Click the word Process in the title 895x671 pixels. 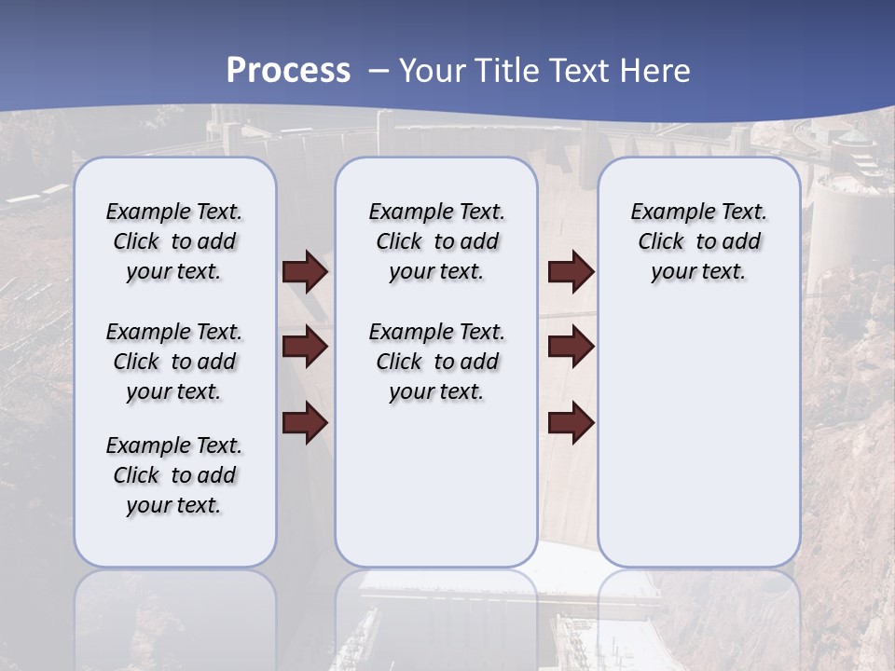(288, 70)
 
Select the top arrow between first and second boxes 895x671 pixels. (305, 271)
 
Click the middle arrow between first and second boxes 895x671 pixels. (305, 347)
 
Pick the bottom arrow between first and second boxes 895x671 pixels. (305, 423)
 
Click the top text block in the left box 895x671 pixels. (174, 241)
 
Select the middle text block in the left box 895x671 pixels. (174, 362)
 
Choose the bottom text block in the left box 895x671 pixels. (174, 475)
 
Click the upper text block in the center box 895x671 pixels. (436, 241)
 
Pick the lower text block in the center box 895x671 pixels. (436, 362)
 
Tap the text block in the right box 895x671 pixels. (699, 241)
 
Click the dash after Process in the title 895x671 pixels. (378, 71)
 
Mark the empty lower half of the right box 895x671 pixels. (699, 438)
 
